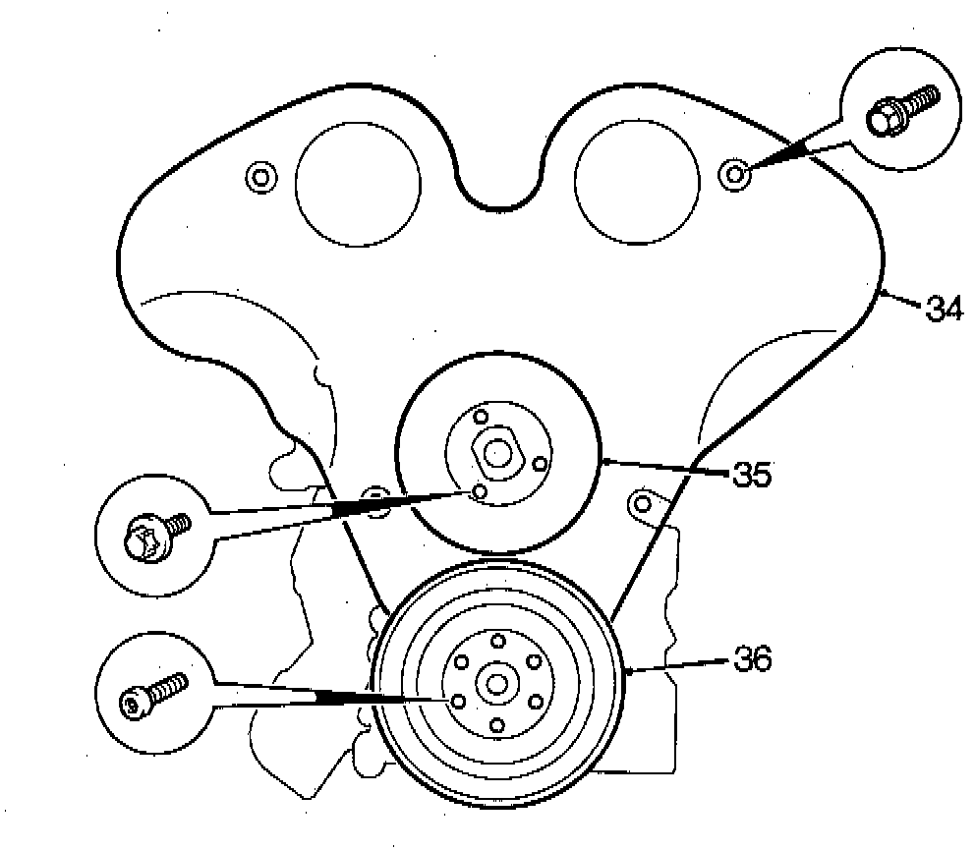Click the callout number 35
coord(751,476)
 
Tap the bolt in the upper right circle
coord(899,111)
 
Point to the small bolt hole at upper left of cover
coord(259,177)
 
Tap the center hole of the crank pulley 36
coord(496,683)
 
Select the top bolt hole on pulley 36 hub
coord(496,641)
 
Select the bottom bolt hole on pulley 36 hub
coord(496,725)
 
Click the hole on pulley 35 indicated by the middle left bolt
coord(479,491)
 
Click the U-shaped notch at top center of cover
coord(498,192)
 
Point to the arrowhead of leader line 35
coord(605,458)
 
